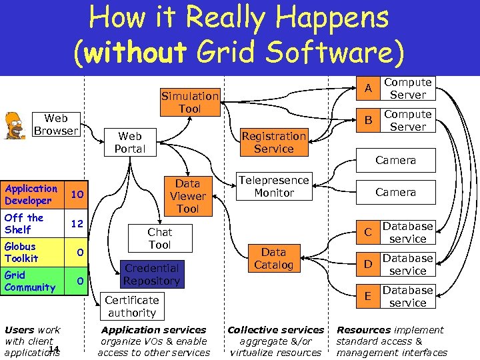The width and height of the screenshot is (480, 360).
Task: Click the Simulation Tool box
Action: coord(190,102)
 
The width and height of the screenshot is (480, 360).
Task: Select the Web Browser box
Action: coord(56,125)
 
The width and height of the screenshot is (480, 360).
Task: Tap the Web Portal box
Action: coord(129,142)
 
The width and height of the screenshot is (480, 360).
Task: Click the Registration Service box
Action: coord(273,142)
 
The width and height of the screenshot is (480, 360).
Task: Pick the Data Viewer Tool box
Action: coord(187,196)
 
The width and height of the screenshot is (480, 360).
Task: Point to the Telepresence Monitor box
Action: coord(274,186)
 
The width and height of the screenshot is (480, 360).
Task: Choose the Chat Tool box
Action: coord(160,238)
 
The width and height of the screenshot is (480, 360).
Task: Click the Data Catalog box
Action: coord(273,258)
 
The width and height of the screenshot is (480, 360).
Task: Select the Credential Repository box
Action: coord(151,274)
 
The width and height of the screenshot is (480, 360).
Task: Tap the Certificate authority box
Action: coord(132,306)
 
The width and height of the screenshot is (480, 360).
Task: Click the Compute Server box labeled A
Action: coord(408,89)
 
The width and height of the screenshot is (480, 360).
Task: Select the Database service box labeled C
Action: coord(407,233)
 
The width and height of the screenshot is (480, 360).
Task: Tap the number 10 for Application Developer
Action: coord(77,194)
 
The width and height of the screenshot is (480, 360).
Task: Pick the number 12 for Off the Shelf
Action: coord(77,223)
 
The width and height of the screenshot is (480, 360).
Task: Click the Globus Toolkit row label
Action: coord(21,252)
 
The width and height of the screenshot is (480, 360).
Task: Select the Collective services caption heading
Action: coord(275,329)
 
